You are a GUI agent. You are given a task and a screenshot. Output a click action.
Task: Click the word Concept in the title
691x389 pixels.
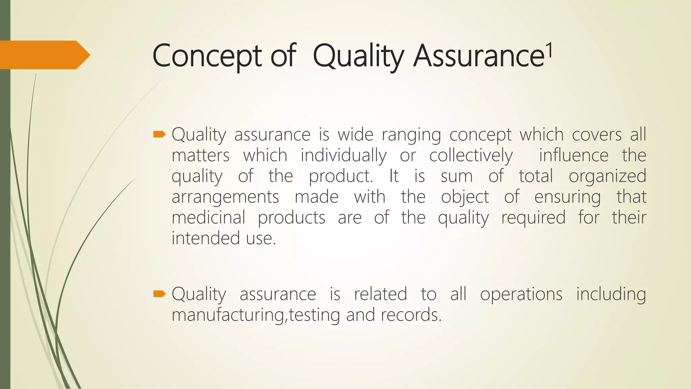coord(206,56)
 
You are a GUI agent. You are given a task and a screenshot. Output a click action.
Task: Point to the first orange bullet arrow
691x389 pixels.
coord(159,135)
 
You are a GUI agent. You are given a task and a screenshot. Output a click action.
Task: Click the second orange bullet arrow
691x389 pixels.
coord(159,294)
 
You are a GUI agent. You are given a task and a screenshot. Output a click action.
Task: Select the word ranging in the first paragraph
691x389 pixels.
coord(411,135)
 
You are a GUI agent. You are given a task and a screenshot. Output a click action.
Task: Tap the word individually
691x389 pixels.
coord(343,156)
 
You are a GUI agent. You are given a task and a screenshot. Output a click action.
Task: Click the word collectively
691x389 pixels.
coord(471,156)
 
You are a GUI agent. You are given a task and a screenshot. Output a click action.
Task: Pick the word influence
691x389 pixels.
coord(574,156)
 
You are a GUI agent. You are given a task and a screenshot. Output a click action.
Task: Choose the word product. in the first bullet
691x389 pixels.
coord(341,176)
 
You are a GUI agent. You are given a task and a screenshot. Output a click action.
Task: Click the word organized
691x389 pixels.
coord(607,176)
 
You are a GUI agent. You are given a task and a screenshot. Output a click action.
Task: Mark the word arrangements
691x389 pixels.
coord(225,197)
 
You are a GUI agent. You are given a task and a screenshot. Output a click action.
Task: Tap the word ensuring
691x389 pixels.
coord(568,197)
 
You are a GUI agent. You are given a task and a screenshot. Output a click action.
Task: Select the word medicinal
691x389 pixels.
coord(209,217)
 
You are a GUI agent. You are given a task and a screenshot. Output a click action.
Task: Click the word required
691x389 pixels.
coord(533,217)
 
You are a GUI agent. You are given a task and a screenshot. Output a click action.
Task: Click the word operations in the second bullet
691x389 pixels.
coord(521,294)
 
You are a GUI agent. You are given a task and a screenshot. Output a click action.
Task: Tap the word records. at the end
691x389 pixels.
coord(411,315)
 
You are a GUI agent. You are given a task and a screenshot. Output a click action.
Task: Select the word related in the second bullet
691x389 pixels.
coord(380,294)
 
